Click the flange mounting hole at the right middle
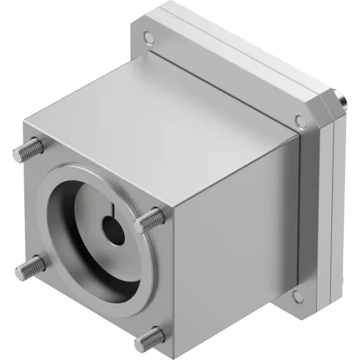[300, 121]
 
